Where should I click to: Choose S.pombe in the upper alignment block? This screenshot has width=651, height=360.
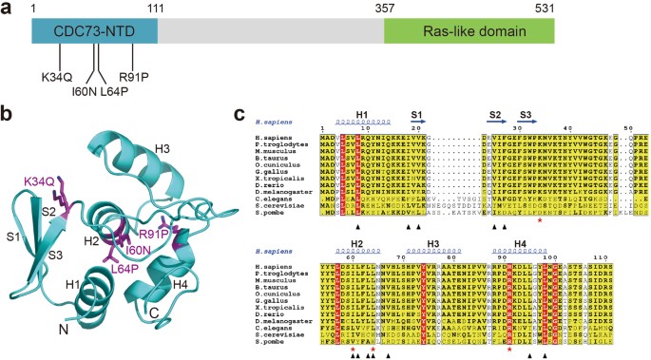286,211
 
